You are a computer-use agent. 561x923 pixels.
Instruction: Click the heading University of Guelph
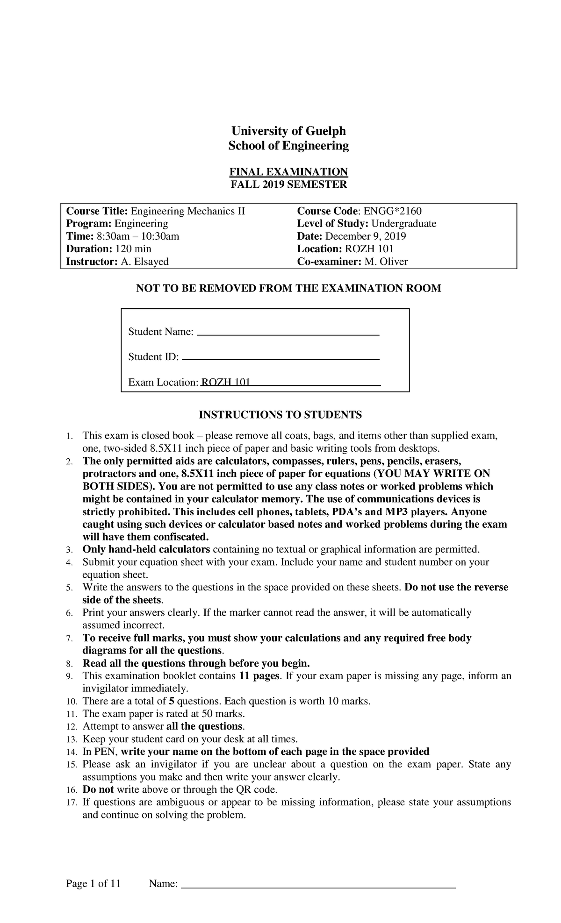point(288,130)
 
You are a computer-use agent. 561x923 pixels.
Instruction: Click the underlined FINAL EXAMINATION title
point(288,171)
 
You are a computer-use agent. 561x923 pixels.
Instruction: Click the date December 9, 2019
point(366,236)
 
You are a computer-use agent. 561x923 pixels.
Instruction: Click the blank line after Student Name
point(288,334)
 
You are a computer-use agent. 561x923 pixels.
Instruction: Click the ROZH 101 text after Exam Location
point(225,383)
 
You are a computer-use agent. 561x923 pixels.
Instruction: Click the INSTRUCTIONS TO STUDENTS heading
point(280,415)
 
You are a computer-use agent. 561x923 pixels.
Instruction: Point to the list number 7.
point(69,639)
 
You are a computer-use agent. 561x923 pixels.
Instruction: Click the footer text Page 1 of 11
point(93,884)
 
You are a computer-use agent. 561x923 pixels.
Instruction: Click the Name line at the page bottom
point(318,886)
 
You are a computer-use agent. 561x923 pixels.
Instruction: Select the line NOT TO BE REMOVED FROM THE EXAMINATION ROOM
point(288,288)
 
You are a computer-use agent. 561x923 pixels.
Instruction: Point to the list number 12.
point(71,727)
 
